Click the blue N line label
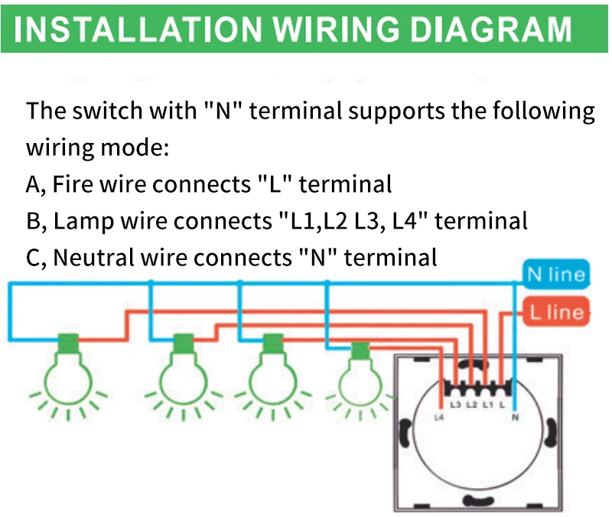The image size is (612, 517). point(555,275)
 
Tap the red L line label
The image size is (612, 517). point(555,312)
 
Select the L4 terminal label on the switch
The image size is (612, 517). point(438,417)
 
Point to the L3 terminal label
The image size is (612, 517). point(456,403)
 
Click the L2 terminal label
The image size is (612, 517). point(471,403)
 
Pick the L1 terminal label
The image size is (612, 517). point(487,403)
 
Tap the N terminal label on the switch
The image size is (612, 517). point(514,417)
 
